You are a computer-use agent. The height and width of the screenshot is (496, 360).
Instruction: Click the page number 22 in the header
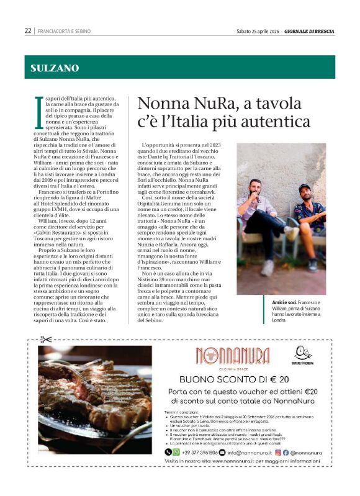coord(28,30)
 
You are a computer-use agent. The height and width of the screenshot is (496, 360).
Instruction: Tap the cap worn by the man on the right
coord(305,187)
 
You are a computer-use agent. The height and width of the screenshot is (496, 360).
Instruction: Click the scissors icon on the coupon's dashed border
coord(45,340)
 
